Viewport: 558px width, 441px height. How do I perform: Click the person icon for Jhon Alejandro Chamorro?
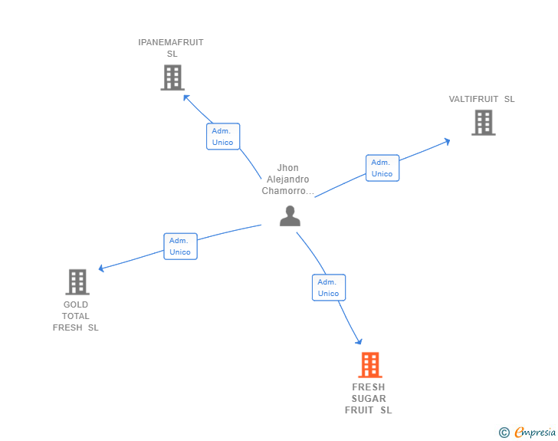(290, 216)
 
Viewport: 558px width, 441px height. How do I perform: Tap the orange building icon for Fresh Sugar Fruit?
(369, 365)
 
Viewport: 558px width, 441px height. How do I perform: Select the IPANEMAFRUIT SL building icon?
(172, 77)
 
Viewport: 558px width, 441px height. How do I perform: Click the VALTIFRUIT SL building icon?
(483, 123)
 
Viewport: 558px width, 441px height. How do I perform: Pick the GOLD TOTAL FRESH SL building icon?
(77, 281)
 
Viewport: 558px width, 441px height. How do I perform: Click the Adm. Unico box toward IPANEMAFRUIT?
(223, 137)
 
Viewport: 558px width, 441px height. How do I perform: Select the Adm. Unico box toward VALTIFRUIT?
(382, 168)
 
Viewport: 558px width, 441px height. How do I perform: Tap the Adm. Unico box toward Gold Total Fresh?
(180, 246)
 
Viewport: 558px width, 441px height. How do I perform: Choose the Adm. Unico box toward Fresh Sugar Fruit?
(328, 288)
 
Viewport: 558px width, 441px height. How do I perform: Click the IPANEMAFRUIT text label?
(171, 42)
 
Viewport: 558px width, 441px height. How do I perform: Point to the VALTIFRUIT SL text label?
(481, 99)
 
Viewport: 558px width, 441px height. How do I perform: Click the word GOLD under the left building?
(76, 304)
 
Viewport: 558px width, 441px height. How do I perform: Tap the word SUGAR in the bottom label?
(369, 399)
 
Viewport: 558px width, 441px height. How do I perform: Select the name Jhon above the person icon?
(288, 168)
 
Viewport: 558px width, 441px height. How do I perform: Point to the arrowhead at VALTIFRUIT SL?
(447, 141)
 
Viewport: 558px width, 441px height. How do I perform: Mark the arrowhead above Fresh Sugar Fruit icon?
(358, 341)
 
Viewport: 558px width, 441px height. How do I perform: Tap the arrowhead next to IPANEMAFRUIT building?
(185, 97)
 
